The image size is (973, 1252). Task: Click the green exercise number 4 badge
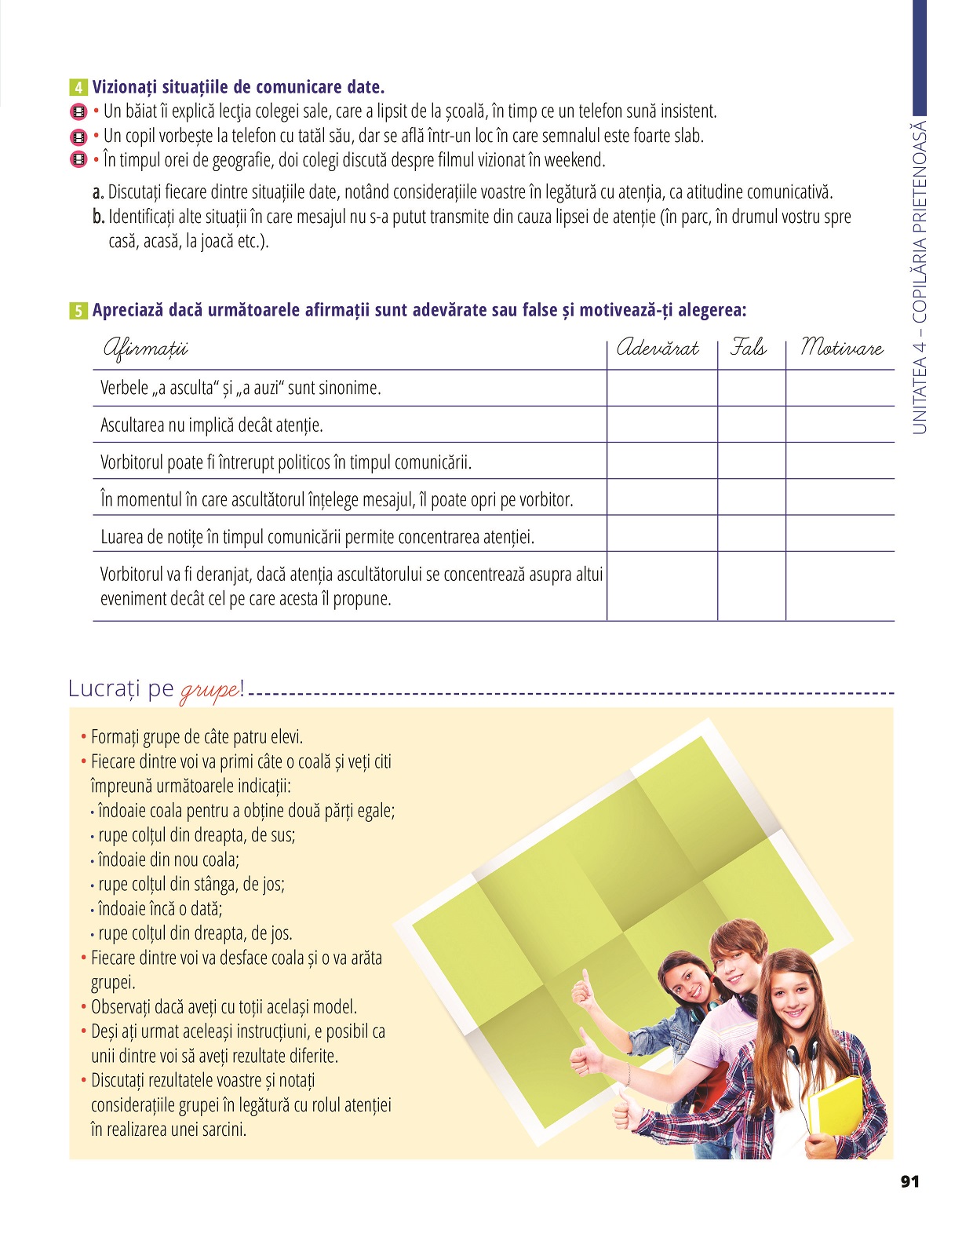click(78, 87)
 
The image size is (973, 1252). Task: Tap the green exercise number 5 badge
click(78, 311)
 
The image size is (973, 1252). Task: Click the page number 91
click(909, 1181)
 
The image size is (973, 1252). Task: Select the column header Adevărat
click(658, 349)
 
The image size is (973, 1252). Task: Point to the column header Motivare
click(841, 348)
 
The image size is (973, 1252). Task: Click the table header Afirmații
click(145, 349)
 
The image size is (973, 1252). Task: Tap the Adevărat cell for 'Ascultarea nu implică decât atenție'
click(661, 425)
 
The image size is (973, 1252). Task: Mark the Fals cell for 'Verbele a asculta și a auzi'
click(751, 388)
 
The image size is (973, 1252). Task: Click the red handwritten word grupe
click(210, 691)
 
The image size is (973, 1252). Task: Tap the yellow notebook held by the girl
click(833, 1108)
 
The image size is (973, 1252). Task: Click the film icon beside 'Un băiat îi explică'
click(78, 111)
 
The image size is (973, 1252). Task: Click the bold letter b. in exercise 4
click(98, 217)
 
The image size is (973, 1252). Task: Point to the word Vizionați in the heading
click(125, 87)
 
